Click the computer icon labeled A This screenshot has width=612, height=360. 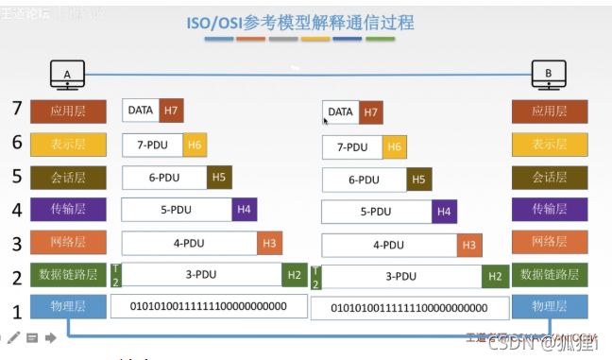[67, 75]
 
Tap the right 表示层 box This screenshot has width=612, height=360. [549, 146]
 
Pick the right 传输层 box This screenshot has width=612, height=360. [549, 210]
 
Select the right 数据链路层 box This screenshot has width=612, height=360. [549, 275]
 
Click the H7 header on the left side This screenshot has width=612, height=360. [171, 111]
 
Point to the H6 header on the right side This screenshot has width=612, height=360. [395, 147]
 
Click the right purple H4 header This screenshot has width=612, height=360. [444, 213]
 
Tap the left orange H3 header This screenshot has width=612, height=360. [269, 243]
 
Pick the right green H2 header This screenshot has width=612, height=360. [494, 277]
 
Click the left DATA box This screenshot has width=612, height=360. [141, 111]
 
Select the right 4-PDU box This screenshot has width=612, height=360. [388, 245]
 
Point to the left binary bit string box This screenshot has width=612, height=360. [210, 306]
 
